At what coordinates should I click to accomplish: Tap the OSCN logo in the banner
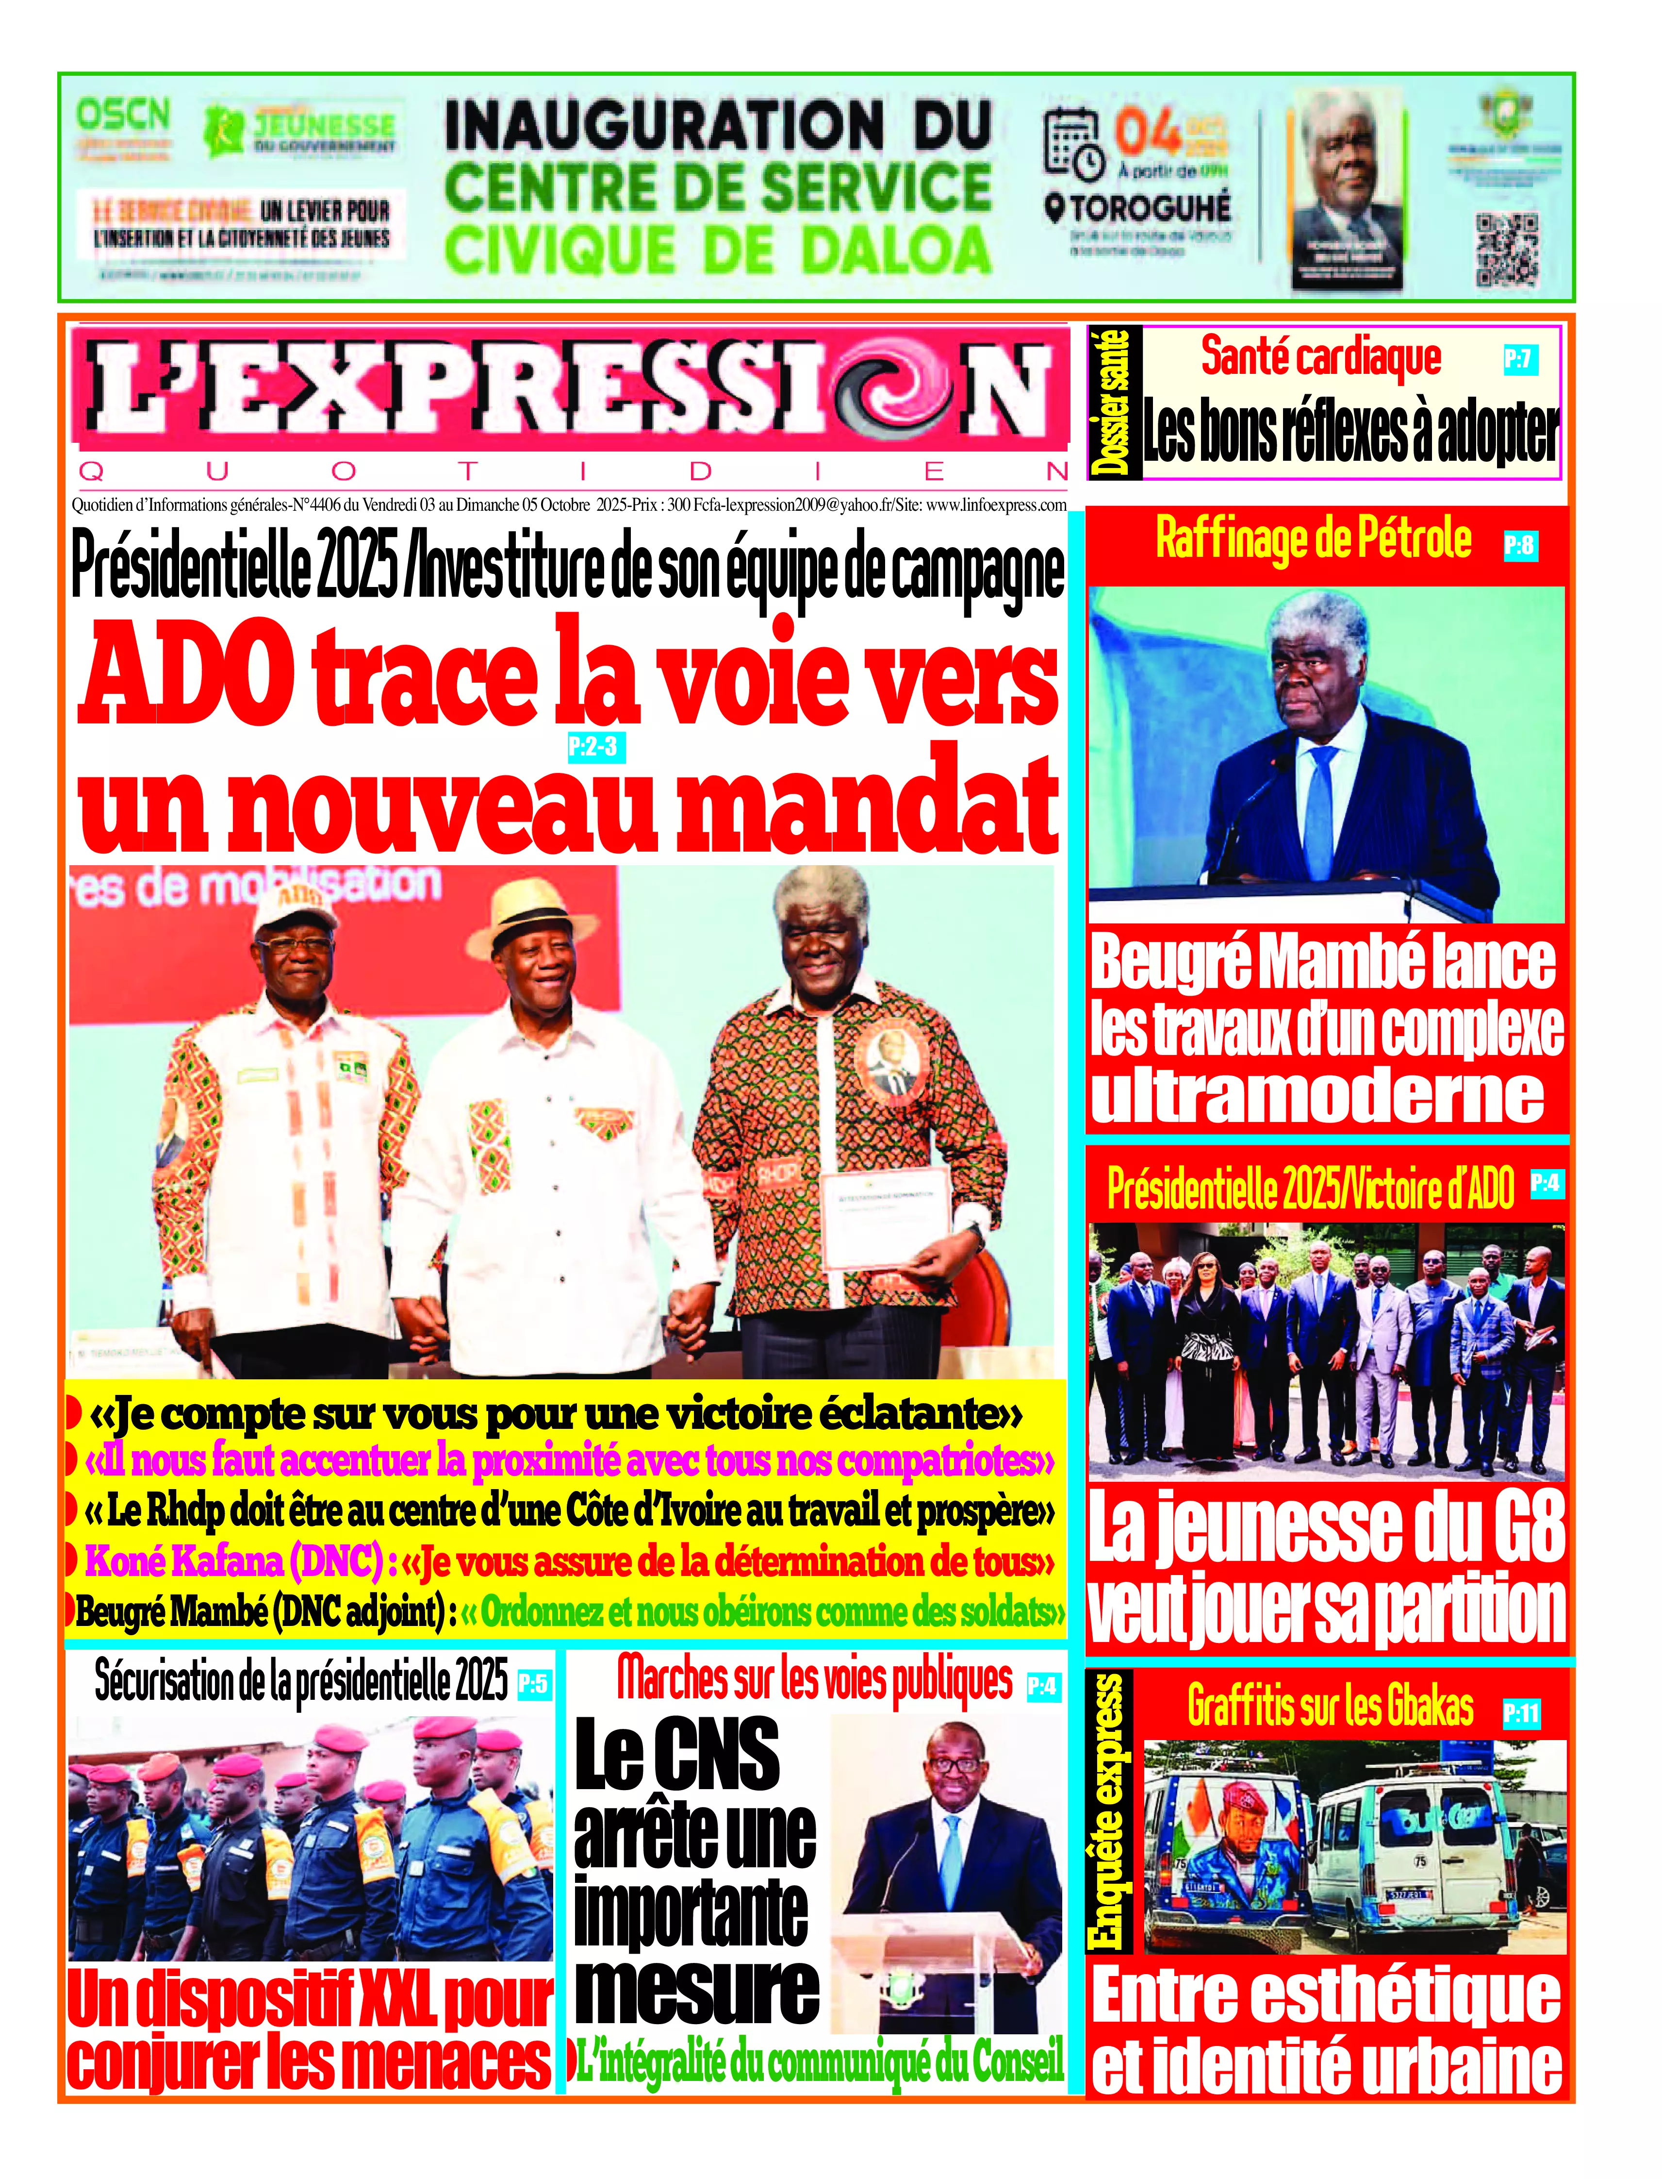point(124,116)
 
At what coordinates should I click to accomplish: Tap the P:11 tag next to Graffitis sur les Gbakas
point(1520,1713)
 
